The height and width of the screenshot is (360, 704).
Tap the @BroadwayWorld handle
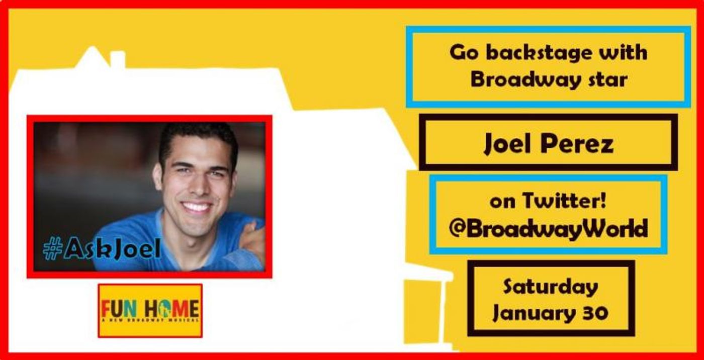[x=548, y=229]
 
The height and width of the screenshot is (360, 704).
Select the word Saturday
[x=550, y=287]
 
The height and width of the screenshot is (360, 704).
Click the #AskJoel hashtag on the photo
[x=101, y=248]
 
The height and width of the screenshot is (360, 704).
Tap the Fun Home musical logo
[x=150, y=310]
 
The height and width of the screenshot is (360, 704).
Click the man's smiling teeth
[x=197, y=207]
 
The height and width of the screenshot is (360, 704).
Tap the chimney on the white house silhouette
[x=117, y=59]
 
